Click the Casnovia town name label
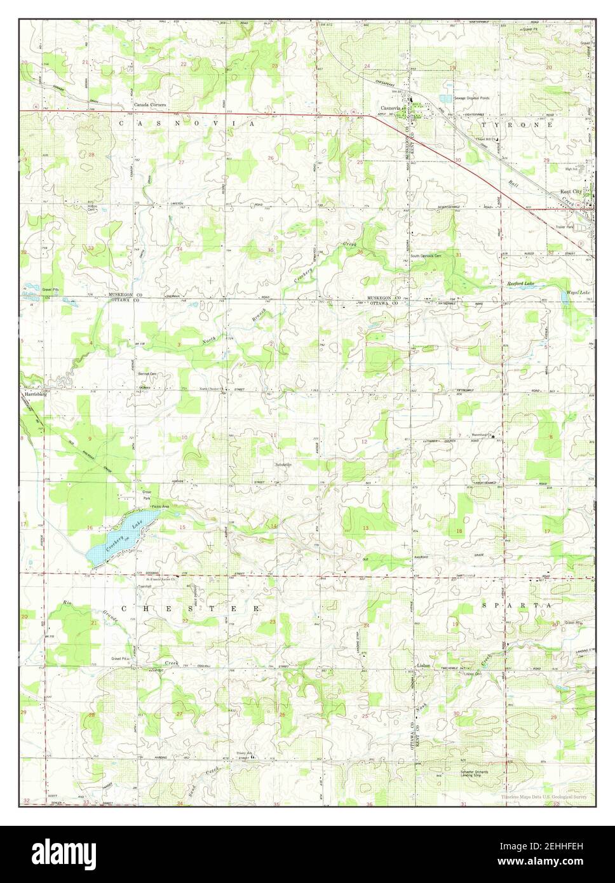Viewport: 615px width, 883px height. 390,109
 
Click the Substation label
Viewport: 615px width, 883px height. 283,464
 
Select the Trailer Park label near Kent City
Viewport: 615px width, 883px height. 565,227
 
